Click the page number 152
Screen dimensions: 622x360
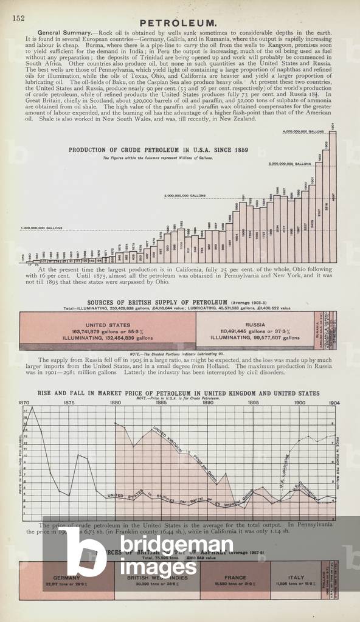tap(18, 19)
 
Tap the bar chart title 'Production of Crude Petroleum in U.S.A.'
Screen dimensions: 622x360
tap(146, 150)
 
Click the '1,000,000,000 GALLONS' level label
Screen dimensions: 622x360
tap(41, 229)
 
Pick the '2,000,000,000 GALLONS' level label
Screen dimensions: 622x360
tap(184, 196)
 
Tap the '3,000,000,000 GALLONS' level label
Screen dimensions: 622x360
tap(289, 164)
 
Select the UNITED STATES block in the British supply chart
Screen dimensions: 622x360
tap(108, 331)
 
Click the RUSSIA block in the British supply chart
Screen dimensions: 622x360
tap(255, 331)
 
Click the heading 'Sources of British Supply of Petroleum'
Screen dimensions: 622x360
tap(157, 302)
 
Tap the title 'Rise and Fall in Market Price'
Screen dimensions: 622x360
tap(178, 393)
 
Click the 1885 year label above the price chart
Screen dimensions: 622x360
tap(162, 402)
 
